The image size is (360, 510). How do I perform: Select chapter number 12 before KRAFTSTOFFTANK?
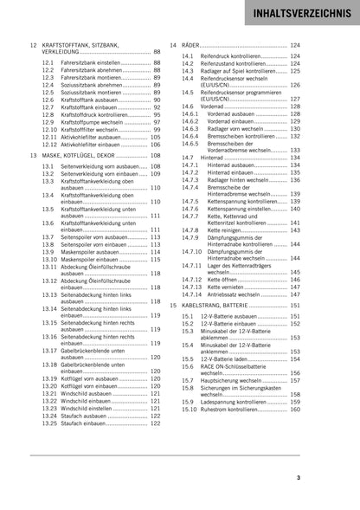[32, 44]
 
